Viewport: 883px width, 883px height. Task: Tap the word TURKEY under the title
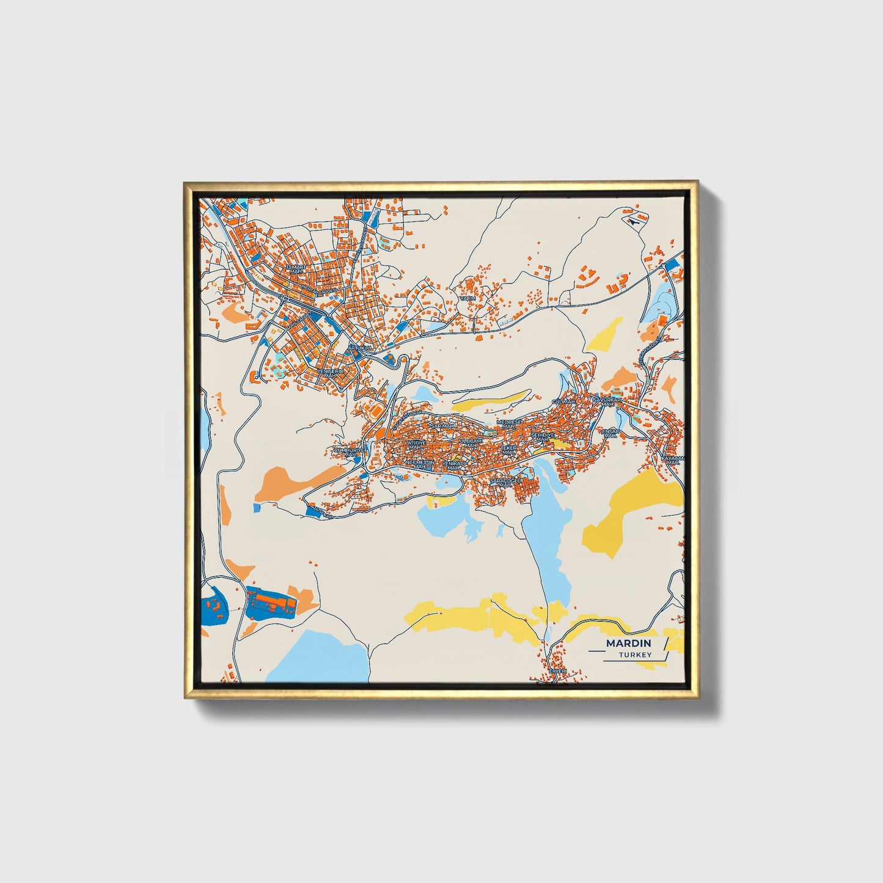(x=634, y=654)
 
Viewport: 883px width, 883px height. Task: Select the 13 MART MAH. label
(x=296, y=269)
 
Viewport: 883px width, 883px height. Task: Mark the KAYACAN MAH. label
(x=674, y=460)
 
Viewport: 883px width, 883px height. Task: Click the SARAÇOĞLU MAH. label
(x=504, y=482)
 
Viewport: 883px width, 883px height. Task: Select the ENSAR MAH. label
(x=611, y=432)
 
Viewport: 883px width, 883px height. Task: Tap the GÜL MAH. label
(x=563, y=401)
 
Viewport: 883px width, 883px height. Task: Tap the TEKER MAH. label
(x=508, y=449)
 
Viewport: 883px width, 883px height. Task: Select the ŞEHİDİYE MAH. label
(x=542, y=436)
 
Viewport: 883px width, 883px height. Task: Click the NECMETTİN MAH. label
(x=419, y=464)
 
